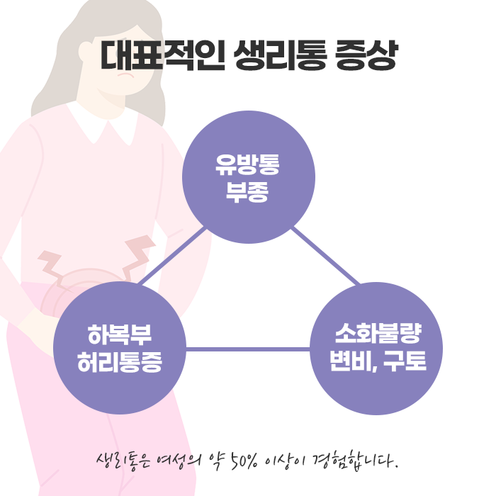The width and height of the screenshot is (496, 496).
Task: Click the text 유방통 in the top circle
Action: [x=248, y=166]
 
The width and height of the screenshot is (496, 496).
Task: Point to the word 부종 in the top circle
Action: [x=248, y=191]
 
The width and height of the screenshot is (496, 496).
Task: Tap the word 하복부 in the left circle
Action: [x=119, y=334]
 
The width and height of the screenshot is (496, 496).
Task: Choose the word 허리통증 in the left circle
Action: [x=119, y=361]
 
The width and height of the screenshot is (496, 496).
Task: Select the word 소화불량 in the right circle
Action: [x=378, y=334]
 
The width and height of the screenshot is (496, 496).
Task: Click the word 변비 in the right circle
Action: [x=351, y=361]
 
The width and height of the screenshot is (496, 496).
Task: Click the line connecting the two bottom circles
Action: [x=248, y=349]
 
